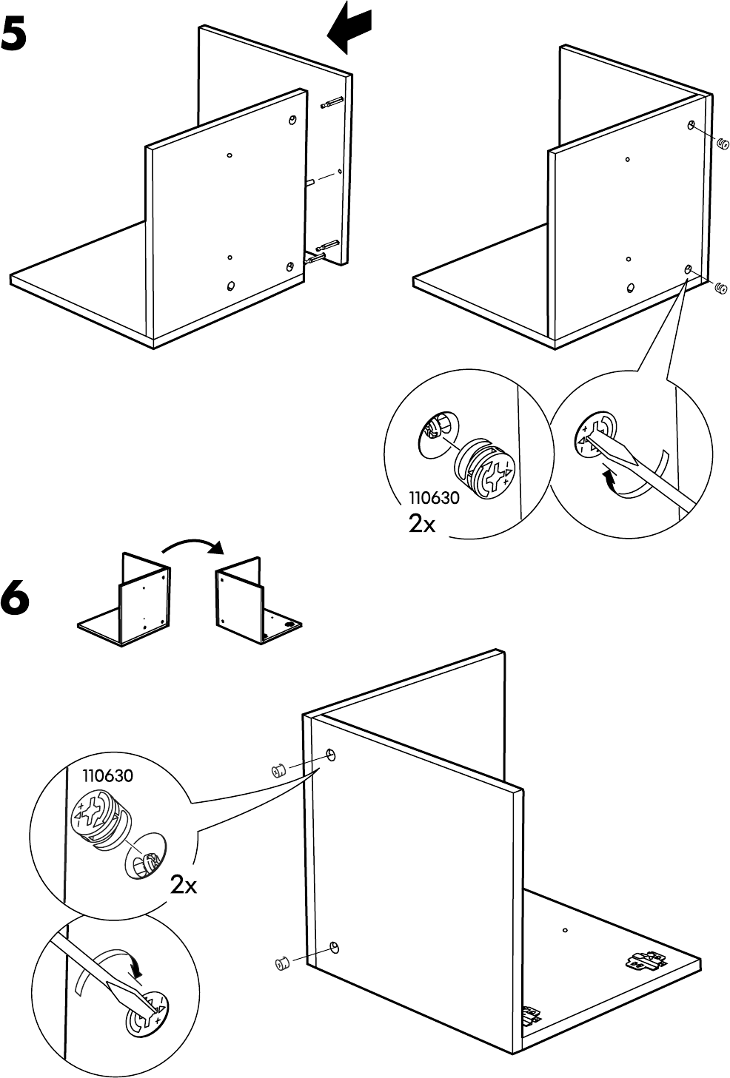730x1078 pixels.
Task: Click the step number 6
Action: click(16, 598)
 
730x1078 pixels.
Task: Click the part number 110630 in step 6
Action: click(108, 776)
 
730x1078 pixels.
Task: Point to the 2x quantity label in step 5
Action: click(422, 524)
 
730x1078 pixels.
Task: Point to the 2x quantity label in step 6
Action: click(184, 884)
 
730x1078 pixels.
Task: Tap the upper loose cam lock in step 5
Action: click(722, 144)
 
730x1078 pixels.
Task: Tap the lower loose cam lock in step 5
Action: click(720, 289)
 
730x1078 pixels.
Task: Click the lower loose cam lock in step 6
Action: click(281, 964)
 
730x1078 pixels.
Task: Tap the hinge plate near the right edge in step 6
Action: click(643, 960)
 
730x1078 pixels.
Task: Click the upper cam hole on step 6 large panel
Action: click(331, 755)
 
